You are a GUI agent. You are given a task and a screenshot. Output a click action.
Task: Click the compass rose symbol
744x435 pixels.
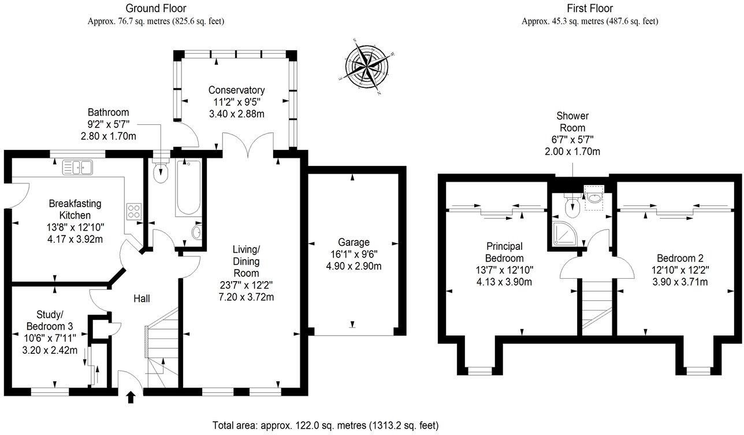367,67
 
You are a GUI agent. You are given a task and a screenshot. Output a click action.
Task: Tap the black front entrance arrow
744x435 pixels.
131,397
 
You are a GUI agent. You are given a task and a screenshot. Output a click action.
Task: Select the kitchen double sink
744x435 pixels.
77,167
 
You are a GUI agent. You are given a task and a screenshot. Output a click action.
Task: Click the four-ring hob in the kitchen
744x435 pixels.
134,212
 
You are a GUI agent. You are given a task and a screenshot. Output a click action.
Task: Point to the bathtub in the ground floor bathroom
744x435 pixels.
188,187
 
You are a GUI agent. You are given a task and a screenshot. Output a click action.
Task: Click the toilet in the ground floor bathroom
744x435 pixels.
161,171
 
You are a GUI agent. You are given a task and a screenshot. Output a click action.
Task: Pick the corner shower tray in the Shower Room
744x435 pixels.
565,234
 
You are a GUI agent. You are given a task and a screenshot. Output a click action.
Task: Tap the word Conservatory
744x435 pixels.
236,90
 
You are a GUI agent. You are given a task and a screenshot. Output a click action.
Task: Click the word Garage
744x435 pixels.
354,242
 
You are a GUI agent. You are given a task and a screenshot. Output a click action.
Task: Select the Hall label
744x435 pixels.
142,298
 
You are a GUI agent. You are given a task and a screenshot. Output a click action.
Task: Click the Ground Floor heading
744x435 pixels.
156,8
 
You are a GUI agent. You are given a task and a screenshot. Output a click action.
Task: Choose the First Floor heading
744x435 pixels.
590,8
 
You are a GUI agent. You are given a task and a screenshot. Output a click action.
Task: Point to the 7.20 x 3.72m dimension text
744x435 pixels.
246,297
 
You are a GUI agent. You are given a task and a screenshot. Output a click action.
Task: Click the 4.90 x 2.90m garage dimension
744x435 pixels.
354,266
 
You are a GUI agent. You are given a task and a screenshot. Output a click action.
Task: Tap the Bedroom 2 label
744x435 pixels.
680,258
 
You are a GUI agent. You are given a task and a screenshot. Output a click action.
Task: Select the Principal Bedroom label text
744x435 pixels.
504,252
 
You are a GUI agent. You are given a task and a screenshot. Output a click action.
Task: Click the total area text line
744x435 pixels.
326,425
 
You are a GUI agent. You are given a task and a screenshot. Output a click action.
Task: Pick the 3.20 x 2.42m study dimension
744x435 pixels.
50,350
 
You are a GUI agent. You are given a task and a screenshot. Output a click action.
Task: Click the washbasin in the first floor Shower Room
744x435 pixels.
594,198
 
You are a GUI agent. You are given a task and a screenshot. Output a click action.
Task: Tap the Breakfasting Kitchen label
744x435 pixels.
75,209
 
